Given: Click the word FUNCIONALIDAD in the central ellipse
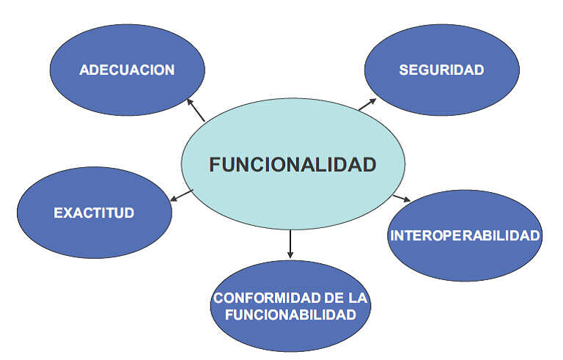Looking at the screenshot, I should click(x=292, y=165).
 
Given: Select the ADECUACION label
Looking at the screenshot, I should click(x=127, y=70).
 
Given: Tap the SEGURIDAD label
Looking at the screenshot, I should click(x=441, y=70).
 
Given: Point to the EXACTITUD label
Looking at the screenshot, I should click(x=94, y=213).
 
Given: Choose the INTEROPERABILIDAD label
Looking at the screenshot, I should click(x=466, y=236).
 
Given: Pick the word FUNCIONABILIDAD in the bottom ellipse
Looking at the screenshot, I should click(x=291, y=315).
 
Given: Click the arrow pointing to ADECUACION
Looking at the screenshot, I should click(x=196, y=109).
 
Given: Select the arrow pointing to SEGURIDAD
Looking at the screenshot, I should click(x=367, y=104).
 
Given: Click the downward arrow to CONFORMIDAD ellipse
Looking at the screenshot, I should click(x=290, y=244).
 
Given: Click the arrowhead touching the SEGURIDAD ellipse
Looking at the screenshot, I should click(x=373, y=100).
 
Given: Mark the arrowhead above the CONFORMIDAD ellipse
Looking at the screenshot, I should click(x=290, y=254).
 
